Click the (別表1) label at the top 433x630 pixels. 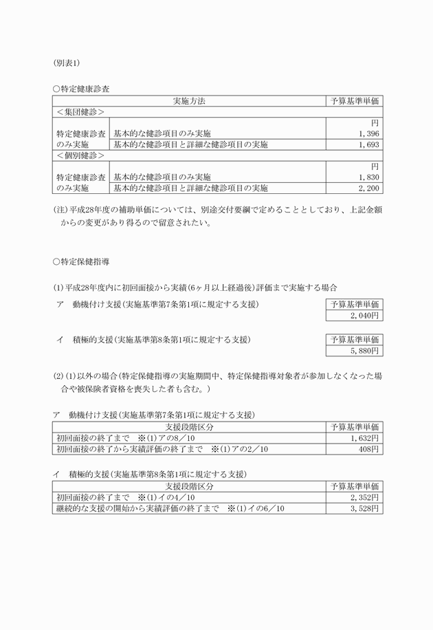pos(67,63)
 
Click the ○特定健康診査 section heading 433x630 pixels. pos(80,89)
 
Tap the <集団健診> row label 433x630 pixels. pos(80,111)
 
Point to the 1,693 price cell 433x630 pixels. pos(368,144)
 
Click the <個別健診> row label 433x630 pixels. pos(80,155)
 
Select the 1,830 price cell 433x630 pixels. pos(368,177)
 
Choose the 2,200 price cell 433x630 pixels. pos(368,188)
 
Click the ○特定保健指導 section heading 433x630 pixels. pos(80,262)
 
